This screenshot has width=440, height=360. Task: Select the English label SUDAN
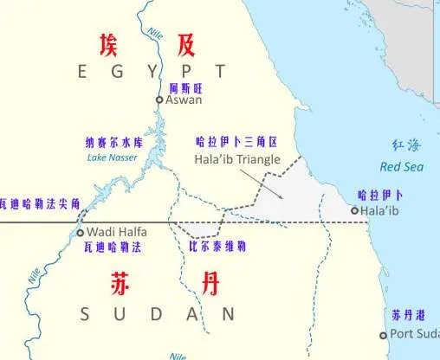coord(157,313)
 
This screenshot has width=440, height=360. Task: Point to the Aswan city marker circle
coord(159,100)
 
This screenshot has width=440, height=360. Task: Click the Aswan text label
coord(184,100)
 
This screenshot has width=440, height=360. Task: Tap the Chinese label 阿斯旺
coord(184,87)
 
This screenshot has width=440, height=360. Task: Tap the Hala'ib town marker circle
coord(354,210)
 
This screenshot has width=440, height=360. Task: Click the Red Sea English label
coord(400,166)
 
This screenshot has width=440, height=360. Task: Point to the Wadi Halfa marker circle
coord(81,233)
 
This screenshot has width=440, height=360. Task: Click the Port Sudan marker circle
coord(383,335)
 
